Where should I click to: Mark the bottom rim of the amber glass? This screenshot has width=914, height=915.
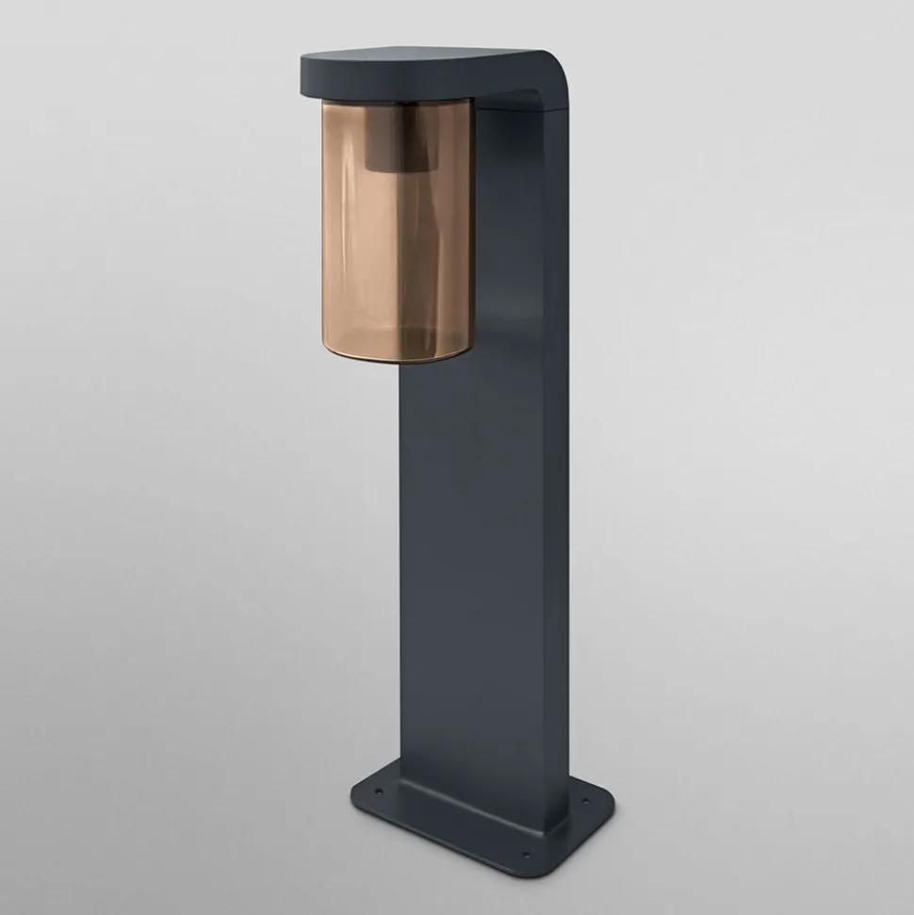pos(396,356)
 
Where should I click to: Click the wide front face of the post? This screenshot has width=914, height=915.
pos(471,565)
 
